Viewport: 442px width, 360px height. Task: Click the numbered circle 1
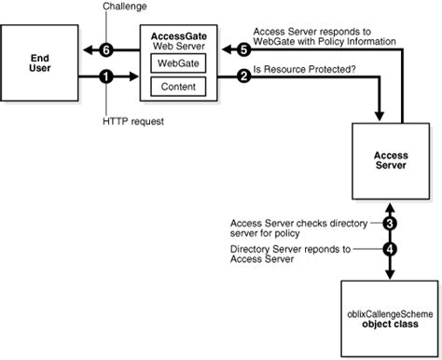107,77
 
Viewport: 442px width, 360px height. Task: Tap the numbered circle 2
244,77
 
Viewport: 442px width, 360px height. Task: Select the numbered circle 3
390,225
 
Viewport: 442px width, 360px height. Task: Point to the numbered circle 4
390,251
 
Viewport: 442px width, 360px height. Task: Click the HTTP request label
128,121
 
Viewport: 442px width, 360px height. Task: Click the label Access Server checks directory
300,222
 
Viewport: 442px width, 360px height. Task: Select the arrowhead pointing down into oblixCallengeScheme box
390,273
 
